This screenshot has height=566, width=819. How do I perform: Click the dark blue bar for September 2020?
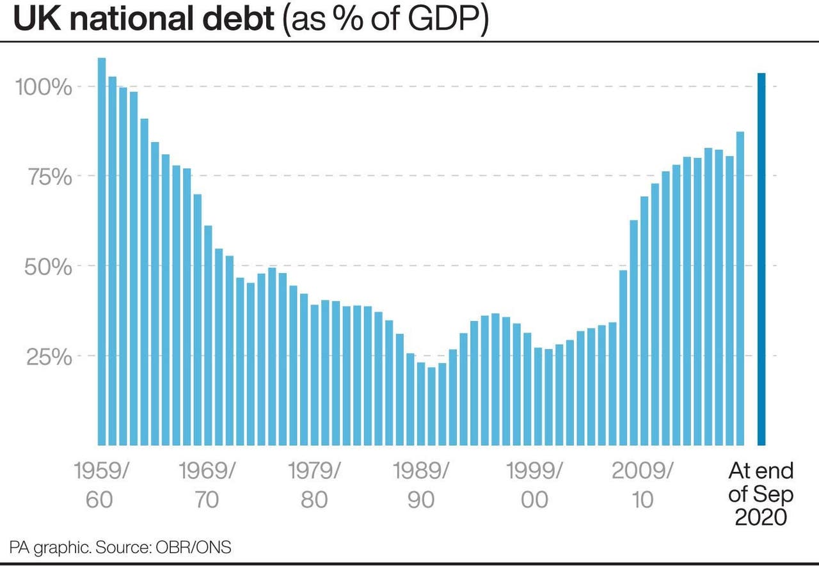(x=761, y=259)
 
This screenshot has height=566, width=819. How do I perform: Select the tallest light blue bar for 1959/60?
(x=102, y=252)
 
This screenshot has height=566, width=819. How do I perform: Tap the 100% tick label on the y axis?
(x=44, y=87)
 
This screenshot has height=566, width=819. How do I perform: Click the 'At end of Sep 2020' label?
(x=761, y=494)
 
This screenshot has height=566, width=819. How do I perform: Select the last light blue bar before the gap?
(x=740, y=288)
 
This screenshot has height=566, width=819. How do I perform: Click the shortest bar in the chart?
(x=432, y=406)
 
